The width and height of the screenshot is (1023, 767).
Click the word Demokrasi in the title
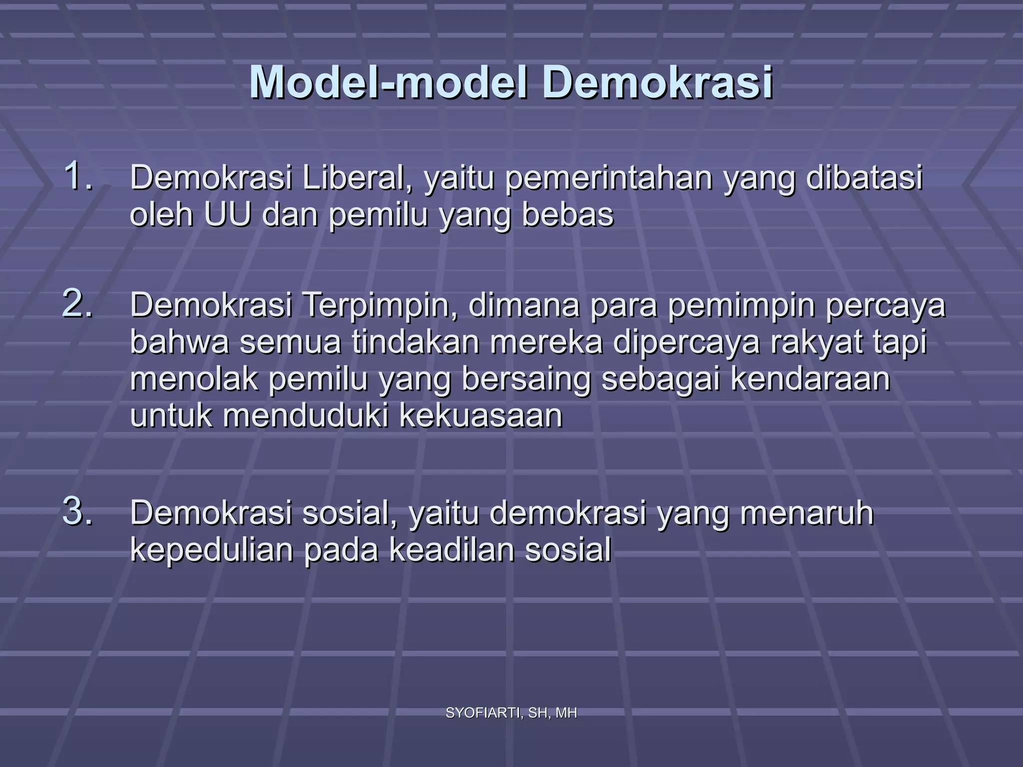pyautogui.click(x=658, y=82)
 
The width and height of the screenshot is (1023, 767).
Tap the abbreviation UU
pyautogui.click(x=227, y=215)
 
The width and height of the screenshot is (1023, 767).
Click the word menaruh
pyautogui.click(x=807, y=513)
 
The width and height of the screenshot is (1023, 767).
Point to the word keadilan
pyautogui.click(x=452, y=549)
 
